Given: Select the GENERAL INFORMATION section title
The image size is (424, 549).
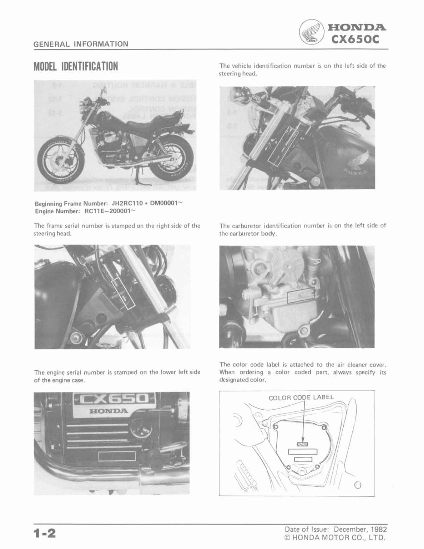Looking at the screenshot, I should [x=81, y=44].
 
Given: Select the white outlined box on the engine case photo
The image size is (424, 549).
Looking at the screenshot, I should [x=117, y=455].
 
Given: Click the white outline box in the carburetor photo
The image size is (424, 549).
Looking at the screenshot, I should [x=301, y=296].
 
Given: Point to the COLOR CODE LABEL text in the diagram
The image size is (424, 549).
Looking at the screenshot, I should [x=301, y=397].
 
